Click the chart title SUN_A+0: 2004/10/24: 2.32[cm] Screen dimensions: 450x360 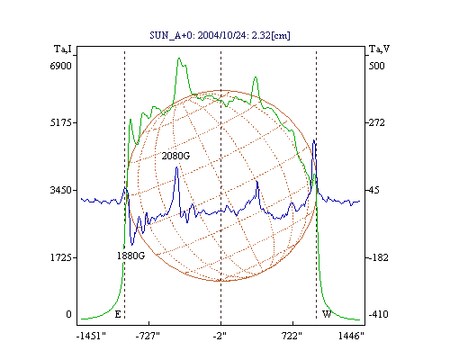click(220, 35)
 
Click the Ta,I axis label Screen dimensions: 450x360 click(63, 49)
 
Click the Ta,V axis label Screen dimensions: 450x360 click(379, 49)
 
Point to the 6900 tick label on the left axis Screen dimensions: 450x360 click(61, 66)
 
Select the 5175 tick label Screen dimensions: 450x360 click(61, 122)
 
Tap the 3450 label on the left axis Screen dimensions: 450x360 click(61, 190)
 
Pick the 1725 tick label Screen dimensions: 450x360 click(61, 257)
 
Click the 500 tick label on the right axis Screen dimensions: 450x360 click(376, 66)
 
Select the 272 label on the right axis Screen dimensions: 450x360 click(376, 122)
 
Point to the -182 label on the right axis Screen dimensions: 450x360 click(378, 257)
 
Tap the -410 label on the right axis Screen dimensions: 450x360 click(378, 314)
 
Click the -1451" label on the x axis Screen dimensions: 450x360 click(91, 336)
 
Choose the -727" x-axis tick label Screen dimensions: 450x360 click(148, 336)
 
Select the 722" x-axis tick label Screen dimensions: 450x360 click(292, 336)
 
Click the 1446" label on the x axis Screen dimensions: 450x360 click(351, 336)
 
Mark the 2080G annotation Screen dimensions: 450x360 click(175, 156)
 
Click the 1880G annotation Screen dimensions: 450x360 click(130, 256)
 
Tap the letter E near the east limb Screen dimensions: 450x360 click(118, 314)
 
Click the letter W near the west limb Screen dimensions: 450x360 click(327, 314)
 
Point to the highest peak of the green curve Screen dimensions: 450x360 click(179, 58)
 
